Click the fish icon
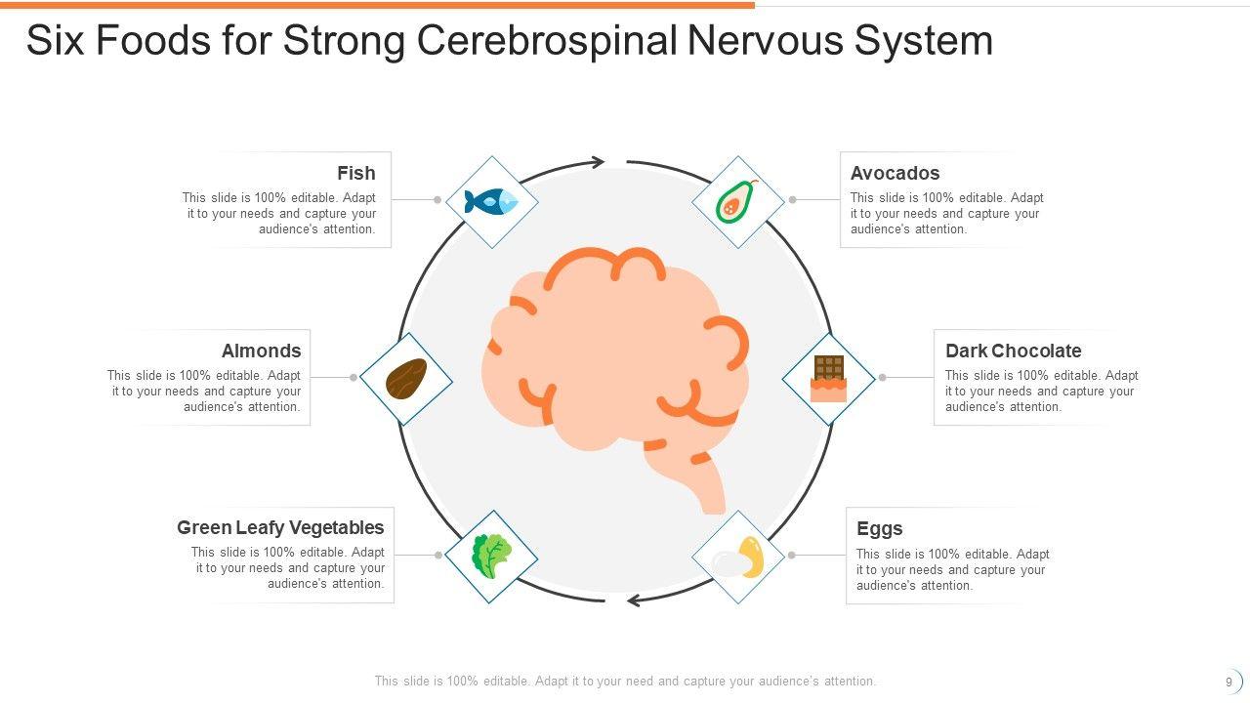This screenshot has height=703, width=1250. [x=491, y=201]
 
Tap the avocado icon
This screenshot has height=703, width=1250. [x=737, y=201]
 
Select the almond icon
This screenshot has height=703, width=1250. [x=406, y=379]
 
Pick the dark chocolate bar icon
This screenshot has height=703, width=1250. [x=828, y=379]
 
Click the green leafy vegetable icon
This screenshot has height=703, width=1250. [x=491, y=556]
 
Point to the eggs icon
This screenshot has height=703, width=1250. [x=738, y=558]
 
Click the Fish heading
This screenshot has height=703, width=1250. [x=355, y=173]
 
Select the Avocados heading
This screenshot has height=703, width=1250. [x=895, y=173]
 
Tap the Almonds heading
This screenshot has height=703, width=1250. [x=261, y=351]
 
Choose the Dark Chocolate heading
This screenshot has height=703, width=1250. [x=1013, y=351]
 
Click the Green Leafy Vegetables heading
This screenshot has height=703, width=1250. [x=280, y=527]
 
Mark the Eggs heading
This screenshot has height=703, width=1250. [x=879, y=528]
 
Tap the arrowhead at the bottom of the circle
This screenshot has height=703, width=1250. [x=633, y=600]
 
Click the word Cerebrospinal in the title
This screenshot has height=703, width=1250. [x=546, y=41]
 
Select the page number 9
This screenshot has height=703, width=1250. [x=1229, y=682]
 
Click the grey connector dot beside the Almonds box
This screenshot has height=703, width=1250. [x=354, y=377]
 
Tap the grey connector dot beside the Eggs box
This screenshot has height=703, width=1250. [x=792, y=555]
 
